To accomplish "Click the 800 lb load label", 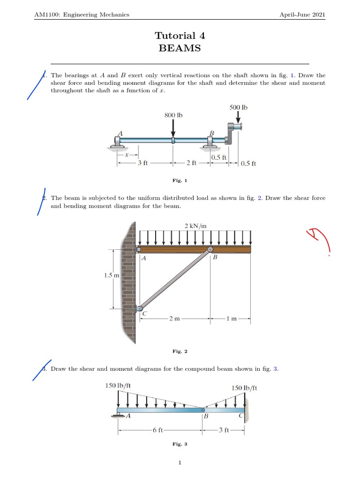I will click(x=173, y=115).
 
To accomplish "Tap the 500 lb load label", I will click(x=238, y=107).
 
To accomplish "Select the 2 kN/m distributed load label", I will click(x=195, y=226).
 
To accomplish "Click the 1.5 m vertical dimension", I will click(x=112, y=276).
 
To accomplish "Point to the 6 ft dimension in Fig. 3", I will click(x=157, y=430).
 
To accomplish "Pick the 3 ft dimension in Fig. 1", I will click(x=143, y=163).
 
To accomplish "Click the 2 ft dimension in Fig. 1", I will click(x=191, y=163).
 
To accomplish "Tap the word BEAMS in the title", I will click(x=180, y=48).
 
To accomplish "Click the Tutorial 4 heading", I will click(x=180, y=36).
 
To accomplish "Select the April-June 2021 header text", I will click(x=302, y=15).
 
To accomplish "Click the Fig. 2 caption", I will click(x=180, y=351).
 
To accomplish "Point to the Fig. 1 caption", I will click(x=180, y=180).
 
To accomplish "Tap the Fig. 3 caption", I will click(x=180, y=444).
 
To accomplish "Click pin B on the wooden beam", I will click(x=210, y=250).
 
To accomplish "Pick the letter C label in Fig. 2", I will click(x=144, y=314).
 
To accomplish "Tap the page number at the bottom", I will click(x=180, y=463).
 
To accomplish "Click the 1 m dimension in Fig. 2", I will click(x=231, y=319).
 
